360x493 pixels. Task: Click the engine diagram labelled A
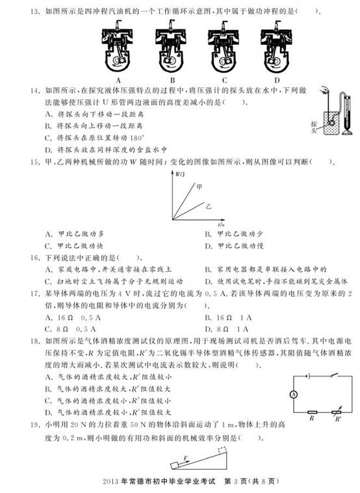click(119, 46)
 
